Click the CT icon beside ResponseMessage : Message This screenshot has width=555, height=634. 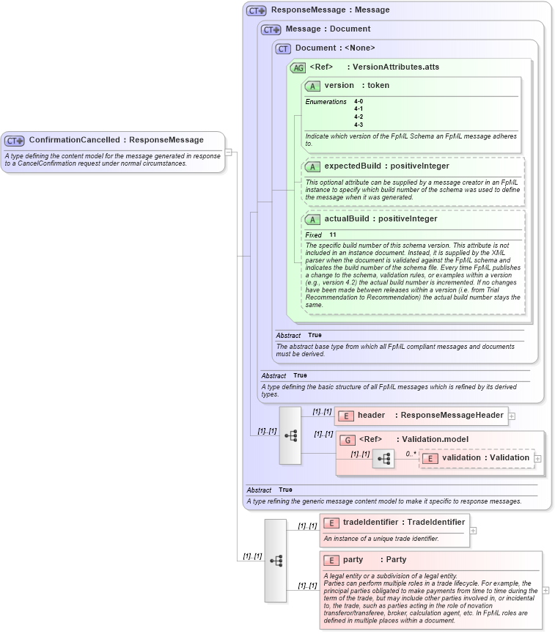tap(256, 11)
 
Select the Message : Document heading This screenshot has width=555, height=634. tap(328, 29)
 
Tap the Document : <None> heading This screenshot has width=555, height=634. tap(335, 48)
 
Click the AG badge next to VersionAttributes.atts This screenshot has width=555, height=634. tap(298, 67)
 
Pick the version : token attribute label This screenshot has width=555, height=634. tap(356, 86)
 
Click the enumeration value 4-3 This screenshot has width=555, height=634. tap(359, 125)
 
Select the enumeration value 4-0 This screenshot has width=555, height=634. tap(359, 101)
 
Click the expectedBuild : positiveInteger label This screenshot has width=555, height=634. tap(386, 166)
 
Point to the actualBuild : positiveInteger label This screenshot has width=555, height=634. tap(381, 219)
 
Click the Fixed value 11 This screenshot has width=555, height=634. tap(333, 235)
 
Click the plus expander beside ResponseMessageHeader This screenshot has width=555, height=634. tap(512, 416)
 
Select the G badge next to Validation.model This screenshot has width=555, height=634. tap(348, 440)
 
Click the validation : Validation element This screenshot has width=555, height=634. tap(485, 458)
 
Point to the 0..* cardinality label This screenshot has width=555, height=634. tap(411, 454)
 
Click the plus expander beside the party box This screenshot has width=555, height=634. tap(545, 590)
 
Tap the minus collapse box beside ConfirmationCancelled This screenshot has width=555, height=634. tap(229, 152)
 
